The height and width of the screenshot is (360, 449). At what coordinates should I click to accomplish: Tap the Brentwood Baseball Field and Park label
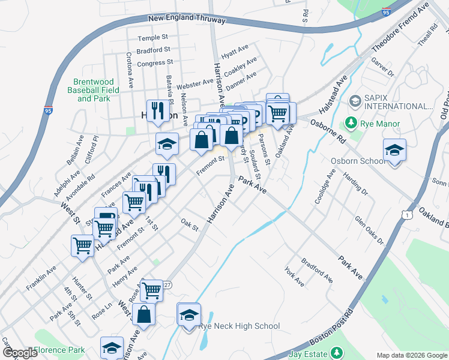click(96, 90)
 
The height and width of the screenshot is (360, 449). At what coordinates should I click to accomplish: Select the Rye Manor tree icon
click(352, 124)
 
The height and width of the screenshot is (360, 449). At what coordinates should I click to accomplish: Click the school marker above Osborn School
click(395, 149)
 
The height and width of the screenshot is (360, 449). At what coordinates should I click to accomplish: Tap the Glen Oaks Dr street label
click(368, 230)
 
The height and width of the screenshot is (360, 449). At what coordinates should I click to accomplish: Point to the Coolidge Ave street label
click(325, 187)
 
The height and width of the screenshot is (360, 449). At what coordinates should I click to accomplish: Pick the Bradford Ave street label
click(317, 271)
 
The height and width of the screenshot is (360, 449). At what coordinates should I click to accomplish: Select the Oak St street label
click(190, 224)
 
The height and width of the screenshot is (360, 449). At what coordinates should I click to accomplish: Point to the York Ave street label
click(295, 277)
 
